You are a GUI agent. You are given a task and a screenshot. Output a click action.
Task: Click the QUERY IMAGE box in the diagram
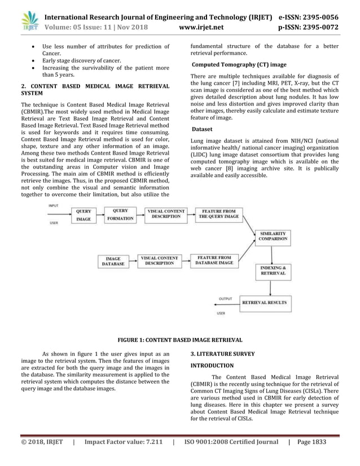(x=84, y=215)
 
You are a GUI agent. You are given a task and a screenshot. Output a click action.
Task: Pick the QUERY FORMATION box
(x=120, y=214)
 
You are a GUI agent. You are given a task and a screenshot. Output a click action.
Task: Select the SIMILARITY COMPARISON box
(x=273, y=236)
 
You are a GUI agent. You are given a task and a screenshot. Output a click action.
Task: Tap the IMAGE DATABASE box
(x=113, y=261)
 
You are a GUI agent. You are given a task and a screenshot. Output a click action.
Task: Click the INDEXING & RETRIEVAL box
(x=273, y=270)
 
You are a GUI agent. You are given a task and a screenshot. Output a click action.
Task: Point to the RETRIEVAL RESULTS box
(x=264, y=303)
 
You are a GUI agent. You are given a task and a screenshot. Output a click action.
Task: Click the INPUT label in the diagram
(x=54, y=206)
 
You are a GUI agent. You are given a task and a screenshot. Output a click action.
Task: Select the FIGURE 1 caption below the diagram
(x=179, y=340)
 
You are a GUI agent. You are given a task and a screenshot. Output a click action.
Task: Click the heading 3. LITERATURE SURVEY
(x=222, y=354)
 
